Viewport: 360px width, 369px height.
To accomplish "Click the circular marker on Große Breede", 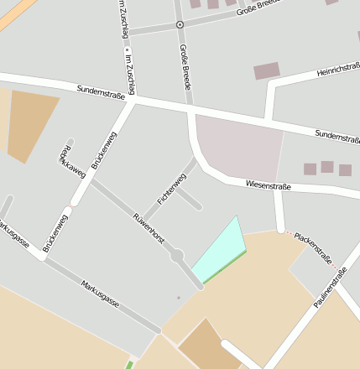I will tap(179, 25).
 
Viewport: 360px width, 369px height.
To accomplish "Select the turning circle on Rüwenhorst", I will tap(177, 255).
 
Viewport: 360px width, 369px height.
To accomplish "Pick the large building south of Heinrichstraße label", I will tap(267, 71).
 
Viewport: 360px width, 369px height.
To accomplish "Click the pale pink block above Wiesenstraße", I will tap(239, 147).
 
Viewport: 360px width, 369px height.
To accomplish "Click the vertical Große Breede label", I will tap(185, 67).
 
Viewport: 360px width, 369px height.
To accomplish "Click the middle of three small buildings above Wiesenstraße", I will tap(327, 167).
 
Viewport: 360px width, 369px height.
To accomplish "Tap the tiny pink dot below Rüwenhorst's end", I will tap(178, 297).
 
